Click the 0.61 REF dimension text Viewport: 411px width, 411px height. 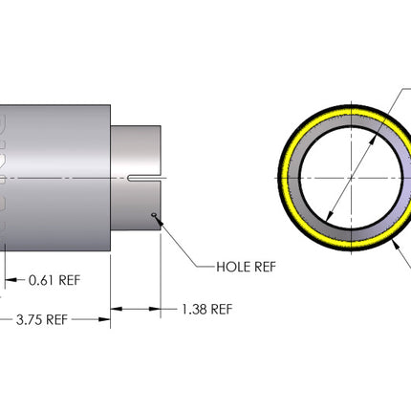click(54, 280)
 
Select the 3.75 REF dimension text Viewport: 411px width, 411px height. click(42, 319)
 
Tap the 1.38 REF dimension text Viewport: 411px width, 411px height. click(207, 310)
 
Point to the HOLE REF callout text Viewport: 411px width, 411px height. click(246, 267)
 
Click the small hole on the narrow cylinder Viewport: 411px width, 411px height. click(154, 214)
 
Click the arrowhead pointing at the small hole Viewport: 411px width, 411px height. click(159, 220)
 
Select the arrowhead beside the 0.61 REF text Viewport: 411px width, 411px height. click(11, 280)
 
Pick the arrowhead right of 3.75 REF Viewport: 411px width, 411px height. click(104, 319)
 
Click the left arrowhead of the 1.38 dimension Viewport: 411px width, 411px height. click(116, 309)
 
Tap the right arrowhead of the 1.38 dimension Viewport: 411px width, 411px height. click(155, 309)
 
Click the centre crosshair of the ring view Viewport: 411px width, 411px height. click(352, 178)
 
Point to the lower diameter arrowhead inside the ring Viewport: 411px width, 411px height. click(330, 215)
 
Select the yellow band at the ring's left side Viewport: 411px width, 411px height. click(284, 178)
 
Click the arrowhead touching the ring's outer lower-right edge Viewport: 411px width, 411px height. click(396, 244)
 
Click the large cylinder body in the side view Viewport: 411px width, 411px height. click(57, 178)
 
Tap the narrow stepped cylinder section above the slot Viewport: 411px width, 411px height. click(136, 150)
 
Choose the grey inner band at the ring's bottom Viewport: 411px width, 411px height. click(352, 234)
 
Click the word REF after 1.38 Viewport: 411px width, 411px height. click(222, 310)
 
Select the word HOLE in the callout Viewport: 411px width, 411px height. click(232, 267)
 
